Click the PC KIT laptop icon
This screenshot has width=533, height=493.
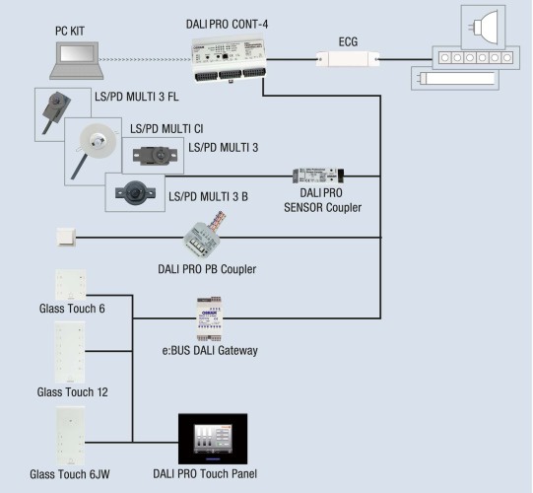click(x=77, y=60)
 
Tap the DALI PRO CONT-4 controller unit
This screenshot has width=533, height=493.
click(x=229, y=60)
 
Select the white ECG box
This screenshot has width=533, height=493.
click(x=348, y=59)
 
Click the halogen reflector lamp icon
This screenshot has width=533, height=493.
click(x=483, y=28)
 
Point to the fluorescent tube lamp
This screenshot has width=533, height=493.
click(x=455, y=78)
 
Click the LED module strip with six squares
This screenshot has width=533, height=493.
click(x=476, y=58)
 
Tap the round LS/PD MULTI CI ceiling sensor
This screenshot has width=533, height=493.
click(x=98, y=140)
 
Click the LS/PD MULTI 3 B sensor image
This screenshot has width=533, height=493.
click(x=135, y=192)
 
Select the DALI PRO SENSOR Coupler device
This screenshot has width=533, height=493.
click(x=318, y=176)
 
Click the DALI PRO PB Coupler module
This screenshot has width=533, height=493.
click(x=204, y=235)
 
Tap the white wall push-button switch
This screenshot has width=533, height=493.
click(x=66, y=237)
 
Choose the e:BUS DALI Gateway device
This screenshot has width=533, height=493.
click(x=210, y=318)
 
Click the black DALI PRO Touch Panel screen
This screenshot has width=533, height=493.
click(x=213, y=439)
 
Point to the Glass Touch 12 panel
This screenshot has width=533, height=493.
click(x=70, y=352)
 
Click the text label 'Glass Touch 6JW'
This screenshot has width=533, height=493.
click(x=70, y=474)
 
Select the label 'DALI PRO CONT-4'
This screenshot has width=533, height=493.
click(x=227, y=24)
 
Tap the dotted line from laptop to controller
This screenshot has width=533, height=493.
click(x=145, y=60)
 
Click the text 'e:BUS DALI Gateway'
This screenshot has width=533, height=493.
click(x=210, y=350)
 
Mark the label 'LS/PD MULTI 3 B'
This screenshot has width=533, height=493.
click(x=209, y=196)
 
